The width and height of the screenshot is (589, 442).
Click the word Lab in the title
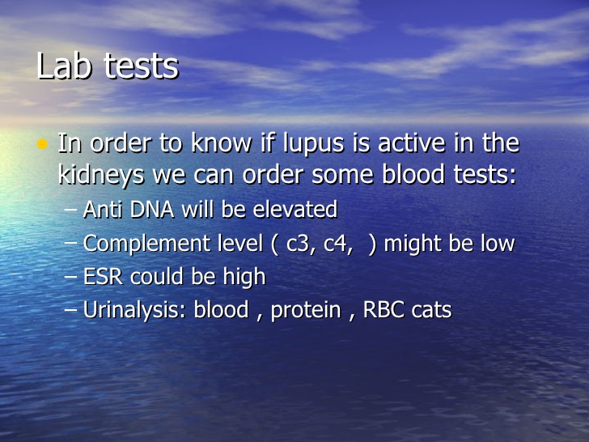(x=64, y=66)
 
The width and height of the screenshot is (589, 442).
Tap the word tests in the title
(x=142, y=66)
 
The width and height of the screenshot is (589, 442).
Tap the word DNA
(x=148, y=210)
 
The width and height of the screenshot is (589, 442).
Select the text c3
(x=299, y=244)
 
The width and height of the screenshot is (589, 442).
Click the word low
(x=494, y=244)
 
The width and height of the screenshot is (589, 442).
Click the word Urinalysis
(x=134, y=310)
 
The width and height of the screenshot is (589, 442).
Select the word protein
(x=305, y=311)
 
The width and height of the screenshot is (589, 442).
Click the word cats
(x=431, y=310)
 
